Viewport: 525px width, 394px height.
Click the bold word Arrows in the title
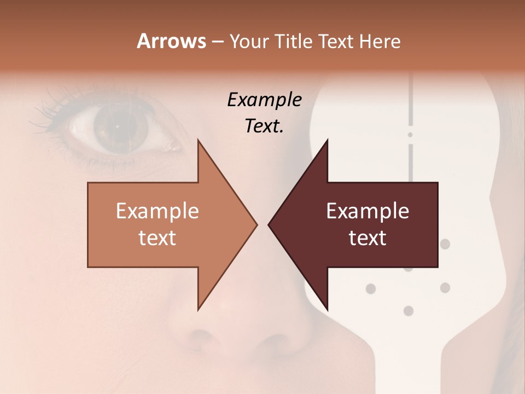(171, 41)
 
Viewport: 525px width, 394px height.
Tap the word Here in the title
(379, 41)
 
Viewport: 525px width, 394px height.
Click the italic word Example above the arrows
(264, 100)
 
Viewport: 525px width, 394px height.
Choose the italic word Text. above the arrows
(264, 126)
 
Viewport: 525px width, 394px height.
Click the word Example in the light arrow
(157, 211)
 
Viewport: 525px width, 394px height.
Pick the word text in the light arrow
(157, 237)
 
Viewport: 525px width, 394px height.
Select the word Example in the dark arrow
(367, 211)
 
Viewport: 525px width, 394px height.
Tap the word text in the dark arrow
(367, 237)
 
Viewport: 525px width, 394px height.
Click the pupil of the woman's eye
(116, 126)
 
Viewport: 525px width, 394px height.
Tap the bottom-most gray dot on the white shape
(408, 311)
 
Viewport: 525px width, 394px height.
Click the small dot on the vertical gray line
(410, 134)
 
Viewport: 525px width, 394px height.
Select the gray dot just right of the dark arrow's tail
(445, 244)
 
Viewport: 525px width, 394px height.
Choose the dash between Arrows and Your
(218, 42)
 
